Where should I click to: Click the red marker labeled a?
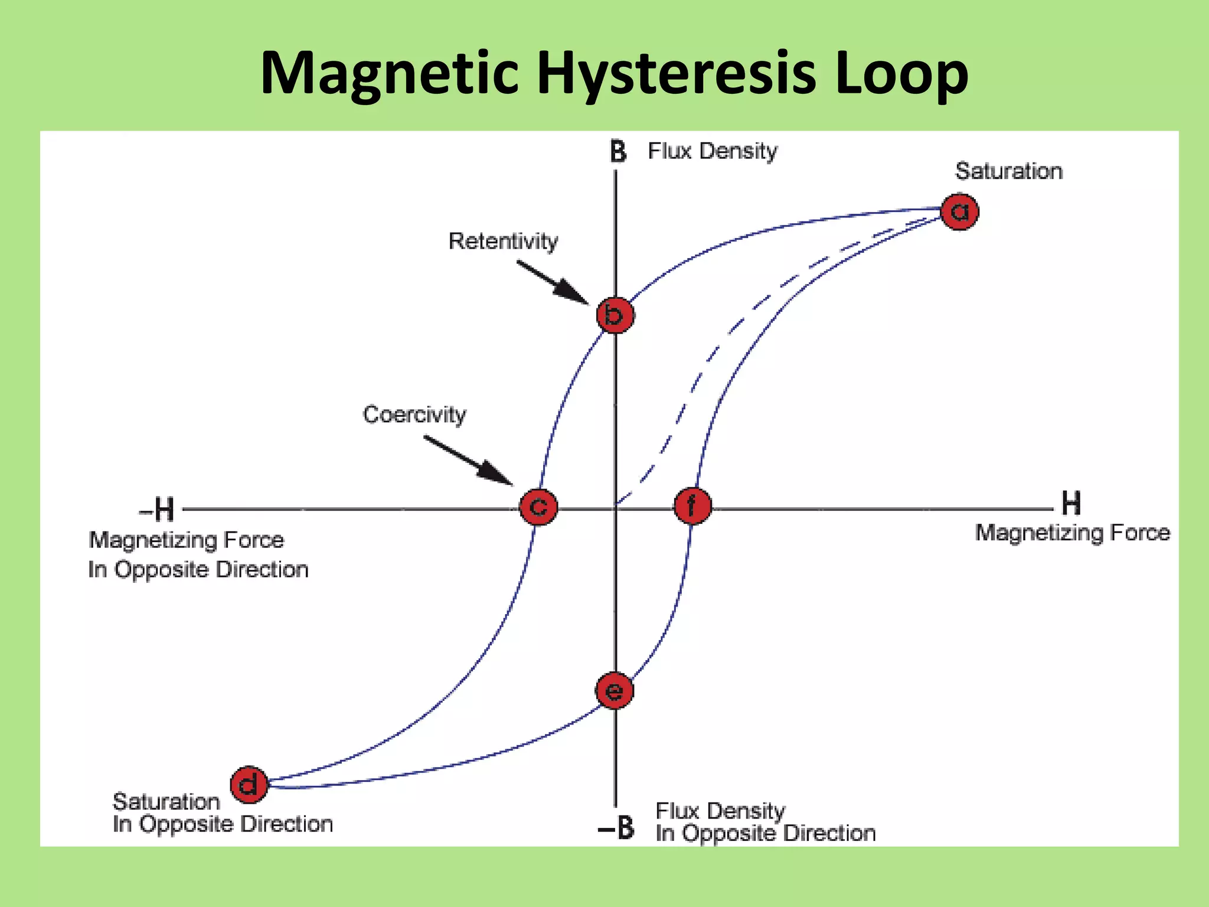coord(959,211)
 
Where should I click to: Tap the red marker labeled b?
coord(615,315)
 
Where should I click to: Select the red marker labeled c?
coord(538,507)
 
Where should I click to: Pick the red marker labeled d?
coord(249,785)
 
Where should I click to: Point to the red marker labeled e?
coord(615,690)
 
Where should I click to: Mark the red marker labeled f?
coord(692,506)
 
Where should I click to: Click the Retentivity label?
coord(503,242)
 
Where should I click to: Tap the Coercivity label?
coord(414,415)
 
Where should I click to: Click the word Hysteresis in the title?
coord(677,73)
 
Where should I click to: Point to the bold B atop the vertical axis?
coord(617,152)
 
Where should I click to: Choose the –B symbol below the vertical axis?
coord(616,828)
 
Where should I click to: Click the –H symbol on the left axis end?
coord(157,509)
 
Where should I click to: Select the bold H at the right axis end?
coord(1071,504)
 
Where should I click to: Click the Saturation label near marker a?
coord(1009,171)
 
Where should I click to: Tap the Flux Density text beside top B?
coord(713,151)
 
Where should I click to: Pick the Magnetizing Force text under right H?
coord(1072,533)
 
